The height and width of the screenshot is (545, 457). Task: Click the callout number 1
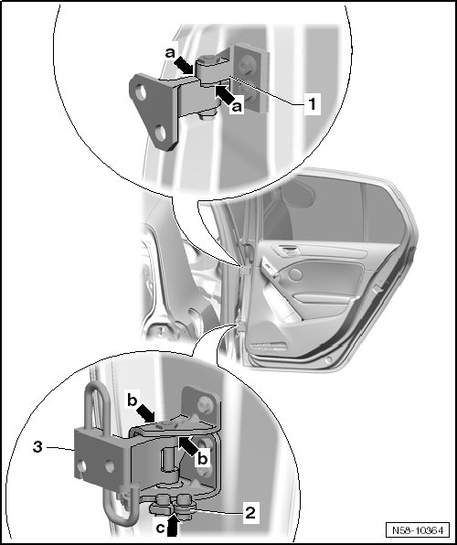(313, 103)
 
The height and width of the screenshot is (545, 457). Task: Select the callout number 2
(250, 513)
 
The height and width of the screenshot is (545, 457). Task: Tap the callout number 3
(37, 446)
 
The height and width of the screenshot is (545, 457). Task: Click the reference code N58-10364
(418, 530)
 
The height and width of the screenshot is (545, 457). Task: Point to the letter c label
(160, 529)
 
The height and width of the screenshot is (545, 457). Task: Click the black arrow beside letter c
(174, 526)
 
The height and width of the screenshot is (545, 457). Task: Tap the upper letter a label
(170, 53)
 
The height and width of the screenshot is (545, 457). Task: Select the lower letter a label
(237, 107)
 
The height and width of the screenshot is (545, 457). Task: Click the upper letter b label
(132, 401)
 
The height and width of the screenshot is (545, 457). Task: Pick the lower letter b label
(202, 458)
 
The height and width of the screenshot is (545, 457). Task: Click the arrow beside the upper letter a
(184, 66)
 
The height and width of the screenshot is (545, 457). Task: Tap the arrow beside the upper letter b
(146, 414)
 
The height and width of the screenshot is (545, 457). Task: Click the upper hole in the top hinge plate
(141, 93)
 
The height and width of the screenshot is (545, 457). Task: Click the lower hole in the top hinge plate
(160, 134)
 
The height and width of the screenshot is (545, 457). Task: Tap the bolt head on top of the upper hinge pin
(209, 59)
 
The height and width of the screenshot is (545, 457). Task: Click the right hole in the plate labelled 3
(109, 465)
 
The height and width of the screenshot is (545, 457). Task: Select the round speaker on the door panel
(296, 274)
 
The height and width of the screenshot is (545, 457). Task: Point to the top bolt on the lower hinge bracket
(204, 404)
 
